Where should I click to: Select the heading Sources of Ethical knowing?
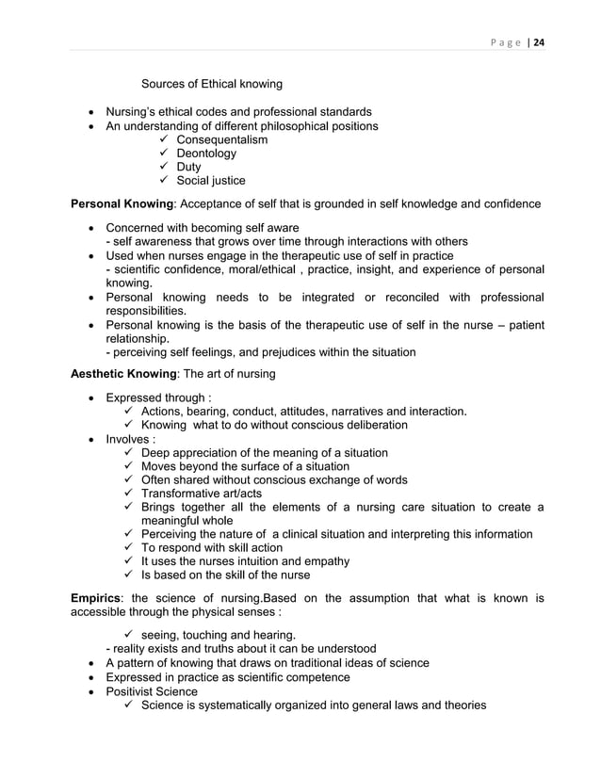pyautogui.click(x=212, y=86)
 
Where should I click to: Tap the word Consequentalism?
pyautogui.click(x=217, y=139)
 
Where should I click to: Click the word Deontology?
pyautogui.click(x=201, y=154)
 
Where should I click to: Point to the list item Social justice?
pyautogui.click(x=204, y=181)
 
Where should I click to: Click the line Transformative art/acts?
pyautogui.click(x=201, y=494)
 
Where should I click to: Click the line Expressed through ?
pyautogui.click(x=158, y=398)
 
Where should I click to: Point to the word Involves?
pyautogui.click(x=131, y=439)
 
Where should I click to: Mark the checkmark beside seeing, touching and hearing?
pyautogui.click(x=127, y=633)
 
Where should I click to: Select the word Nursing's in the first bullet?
pyautogui.click(x=134, y=112)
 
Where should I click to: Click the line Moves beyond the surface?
pyautogui.click(x=245, y=466)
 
